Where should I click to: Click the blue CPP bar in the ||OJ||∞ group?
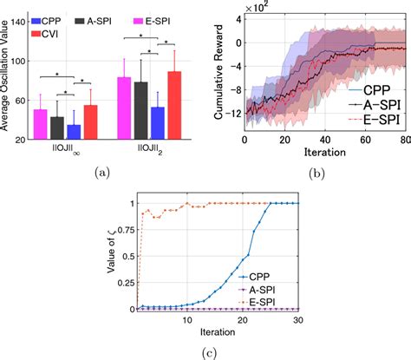pos(74,131)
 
